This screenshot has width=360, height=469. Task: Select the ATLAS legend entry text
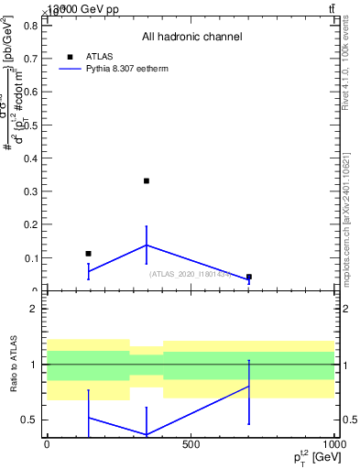[x=99, y=56]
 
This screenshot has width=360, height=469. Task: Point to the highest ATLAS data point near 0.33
[x=146, y=180]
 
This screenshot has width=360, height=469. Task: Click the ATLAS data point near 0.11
[x=88, y=253]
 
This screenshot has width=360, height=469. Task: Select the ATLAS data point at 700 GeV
[x=248, y=277]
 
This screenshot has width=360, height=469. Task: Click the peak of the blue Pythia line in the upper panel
[x=146, y=245]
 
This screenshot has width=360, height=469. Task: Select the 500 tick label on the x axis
[x=191, y=444]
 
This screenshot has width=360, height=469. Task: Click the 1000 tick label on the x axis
[x=333, y=444]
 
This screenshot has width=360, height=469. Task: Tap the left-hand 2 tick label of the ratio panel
[x=32, y=310]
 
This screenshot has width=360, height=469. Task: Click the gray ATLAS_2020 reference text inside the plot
[x=191, y=274]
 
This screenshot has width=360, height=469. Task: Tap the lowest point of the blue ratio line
[x=146, y=434]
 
